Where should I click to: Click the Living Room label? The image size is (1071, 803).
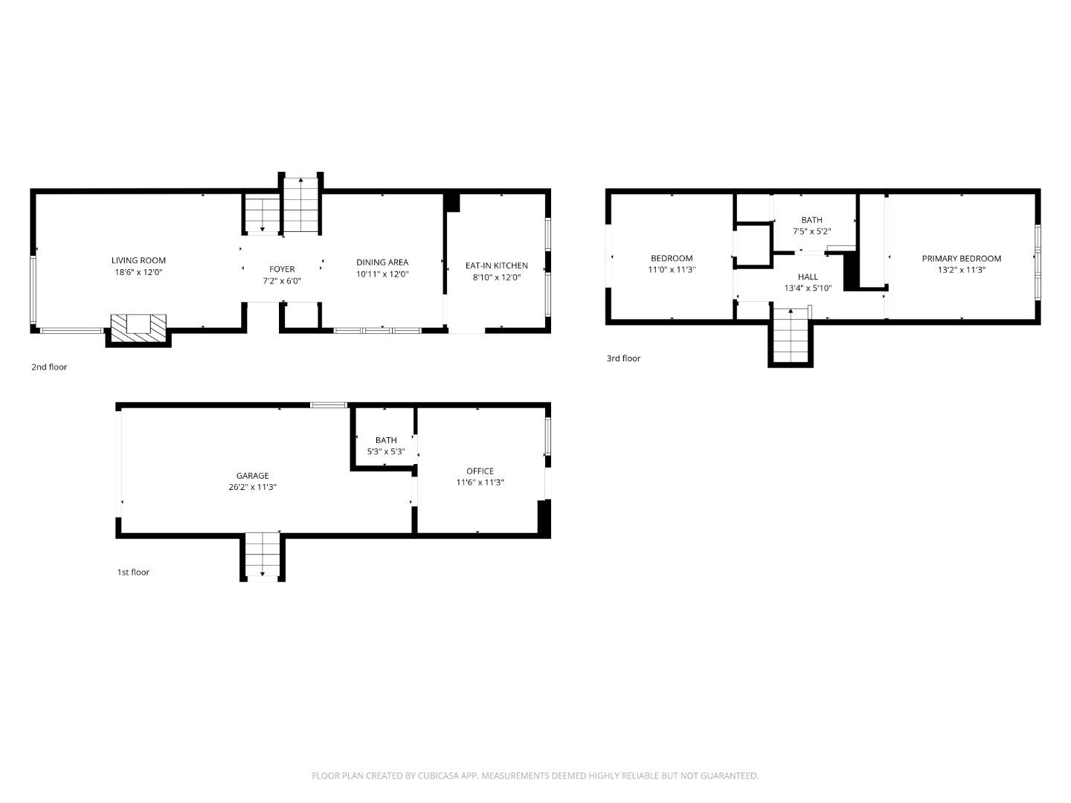138,260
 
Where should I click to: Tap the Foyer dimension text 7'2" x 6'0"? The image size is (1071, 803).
282,281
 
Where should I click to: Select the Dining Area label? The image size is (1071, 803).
382,262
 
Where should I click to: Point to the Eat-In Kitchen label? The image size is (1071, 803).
496,265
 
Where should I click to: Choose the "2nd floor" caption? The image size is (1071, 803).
49,367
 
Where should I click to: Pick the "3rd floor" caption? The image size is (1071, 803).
623,358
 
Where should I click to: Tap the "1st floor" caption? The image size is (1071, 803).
133,572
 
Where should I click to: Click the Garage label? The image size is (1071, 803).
253,476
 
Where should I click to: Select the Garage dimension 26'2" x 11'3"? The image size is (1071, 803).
253,487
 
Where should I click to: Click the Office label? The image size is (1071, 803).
480,471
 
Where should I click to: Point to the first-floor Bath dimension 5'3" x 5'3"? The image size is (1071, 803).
386,451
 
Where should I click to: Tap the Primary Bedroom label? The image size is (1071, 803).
961,259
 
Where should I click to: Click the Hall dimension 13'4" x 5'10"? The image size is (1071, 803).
808,288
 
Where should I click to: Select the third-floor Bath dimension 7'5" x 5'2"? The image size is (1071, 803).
811,231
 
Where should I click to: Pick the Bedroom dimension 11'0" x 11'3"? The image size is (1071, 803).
672,270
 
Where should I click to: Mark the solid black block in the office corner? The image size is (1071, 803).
544,517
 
